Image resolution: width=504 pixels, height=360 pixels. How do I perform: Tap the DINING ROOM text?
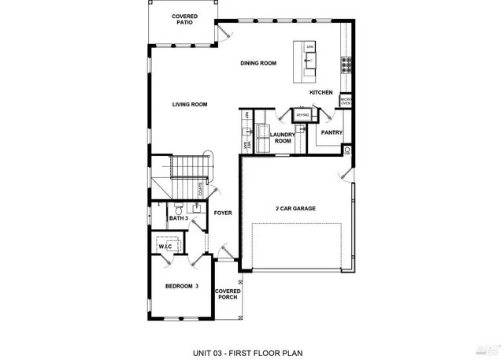(258, 63)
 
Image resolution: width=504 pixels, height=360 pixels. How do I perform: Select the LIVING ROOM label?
(190, 104)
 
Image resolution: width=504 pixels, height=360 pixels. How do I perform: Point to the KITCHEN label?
(321, 92)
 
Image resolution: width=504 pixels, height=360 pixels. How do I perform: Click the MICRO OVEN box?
(345, 101)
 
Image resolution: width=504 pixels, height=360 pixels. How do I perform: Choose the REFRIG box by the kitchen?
(302, 115)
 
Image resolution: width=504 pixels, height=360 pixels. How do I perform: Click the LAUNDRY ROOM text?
(282, 138)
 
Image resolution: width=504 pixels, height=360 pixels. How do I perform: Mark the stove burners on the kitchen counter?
(345, 63)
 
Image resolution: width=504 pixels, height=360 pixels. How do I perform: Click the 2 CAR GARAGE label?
(295, 209)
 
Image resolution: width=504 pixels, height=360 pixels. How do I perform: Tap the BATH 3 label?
(178, 217)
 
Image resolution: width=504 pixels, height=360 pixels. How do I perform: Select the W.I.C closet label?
(165, 246)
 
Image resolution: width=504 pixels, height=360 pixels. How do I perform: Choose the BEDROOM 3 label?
(181, 286)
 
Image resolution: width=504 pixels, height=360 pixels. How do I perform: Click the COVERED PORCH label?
(228, 295)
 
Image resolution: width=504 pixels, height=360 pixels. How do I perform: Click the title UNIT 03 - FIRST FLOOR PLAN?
(248, 352)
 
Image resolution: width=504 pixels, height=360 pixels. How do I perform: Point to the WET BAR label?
(246, 146)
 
